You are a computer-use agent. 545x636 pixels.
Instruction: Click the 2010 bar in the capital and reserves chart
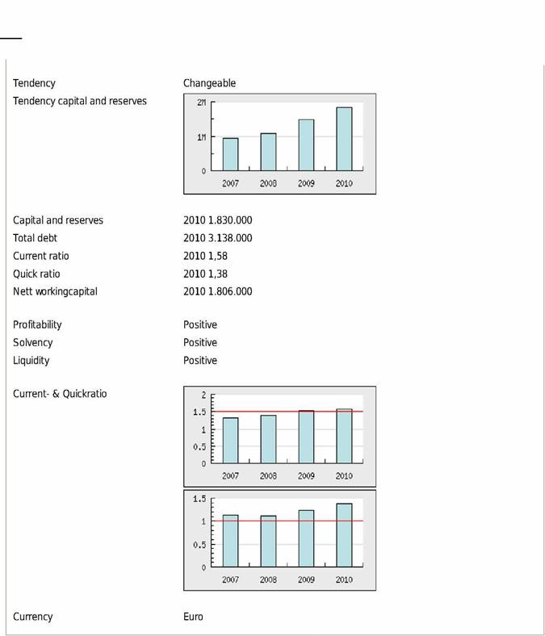click(x=344, y=139)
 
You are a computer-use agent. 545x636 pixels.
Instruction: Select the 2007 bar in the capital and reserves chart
click(x=230, y=154)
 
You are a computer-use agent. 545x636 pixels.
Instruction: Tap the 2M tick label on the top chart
click(x=201, y=103)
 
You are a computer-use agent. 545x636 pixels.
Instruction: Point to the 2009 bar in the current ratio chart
click(x=306, y=437)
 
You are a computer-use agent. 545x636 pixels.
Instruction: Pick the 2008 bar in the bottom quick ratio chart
click(x=268, y=541)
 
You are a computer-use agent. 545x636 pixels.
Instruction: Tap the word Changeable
click(x=209, y=83)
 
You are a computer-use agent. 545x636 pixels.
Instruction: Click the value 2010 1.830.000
click(x=217, y=220)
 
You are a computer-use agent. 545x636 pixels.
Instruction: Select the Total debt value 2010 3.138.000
click(x=217, y=238)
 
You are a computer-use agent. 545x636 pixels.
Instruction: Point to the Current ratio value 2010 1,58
click(x=205, y=256)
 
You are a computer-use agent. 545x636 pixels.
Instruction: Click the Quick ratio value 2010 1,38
click(x=205, y=274)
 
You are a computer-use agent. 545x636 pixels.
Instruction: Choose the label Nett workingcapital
click(x=55, y=291)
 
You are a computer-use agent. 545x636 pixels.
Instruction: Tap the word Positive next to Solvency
click(x=200, y=342)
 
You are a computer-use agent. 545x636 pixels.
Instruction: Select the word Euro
click(x=193, y=617)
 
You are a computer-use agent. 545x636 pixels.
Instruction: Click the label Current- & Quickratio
click(x=60, y=394)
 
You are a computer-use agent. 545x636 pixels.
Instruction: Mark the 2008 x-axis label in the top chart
click(x=268, y=183)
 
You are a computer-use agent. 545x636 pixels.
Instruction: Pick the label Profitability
click(x=37, y=324)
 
